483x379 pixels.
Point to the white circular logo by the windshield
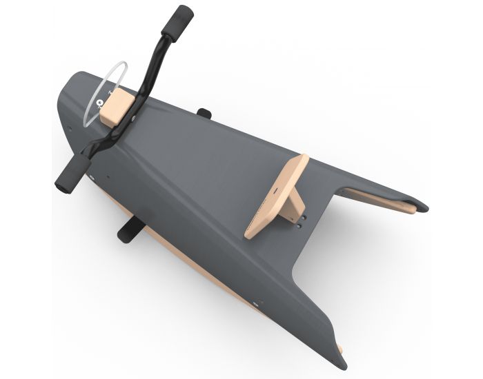coord(101,105)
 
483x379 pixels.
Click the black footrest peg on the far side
coord(204,112)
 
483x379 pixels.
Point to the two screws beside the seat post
coord(302,220)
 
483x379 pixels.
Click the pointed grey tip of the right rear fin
coord(422,205)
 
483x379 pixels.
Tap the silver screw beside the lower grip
coord(90,176)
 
